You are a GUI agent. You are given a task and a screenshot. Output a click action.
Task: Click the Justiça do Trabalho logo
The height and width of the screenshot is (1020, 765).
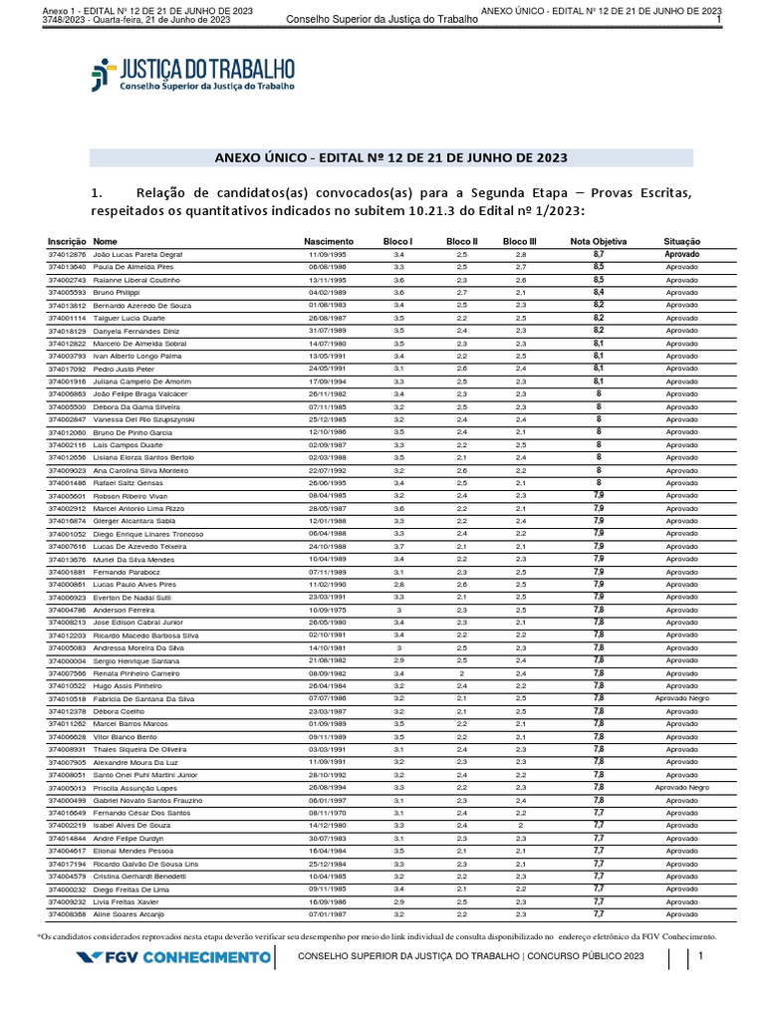point(193,76)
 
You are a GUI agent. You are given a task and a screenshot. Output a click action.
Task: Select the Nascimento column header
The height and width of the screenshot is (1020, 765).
point(329,242)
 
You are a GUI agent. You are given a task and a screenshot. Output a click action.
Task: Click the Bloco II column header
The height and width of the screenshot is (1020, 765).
point(462,242)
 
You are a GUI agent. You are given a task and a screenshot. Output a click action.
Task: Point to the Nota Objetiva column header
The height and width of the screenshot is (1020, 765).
point(598,242)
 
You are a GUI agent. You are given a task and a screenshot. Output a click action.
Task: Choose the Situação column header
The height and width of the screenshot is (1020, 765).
point(682,242)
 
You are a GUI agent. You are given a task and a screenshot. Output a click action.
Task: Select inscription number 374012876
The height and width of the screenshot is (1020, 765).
point(68,255)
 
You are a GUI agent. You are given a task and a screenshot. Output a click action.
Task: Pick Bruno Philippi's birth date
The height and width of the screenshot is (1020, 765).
point(326,292)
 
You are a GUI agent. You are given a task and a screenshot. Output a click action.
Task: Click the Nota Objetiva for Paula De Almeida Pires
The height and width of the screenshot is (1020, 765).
point(598,268)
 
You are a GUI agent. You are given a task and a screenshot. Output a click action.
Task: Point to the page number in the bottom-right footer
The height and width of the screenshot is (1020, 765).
point(701,957)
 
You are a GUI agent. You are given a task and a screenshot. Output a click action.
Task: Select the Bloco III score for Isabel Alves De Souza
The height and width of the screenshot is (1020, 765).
point(520,826)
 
